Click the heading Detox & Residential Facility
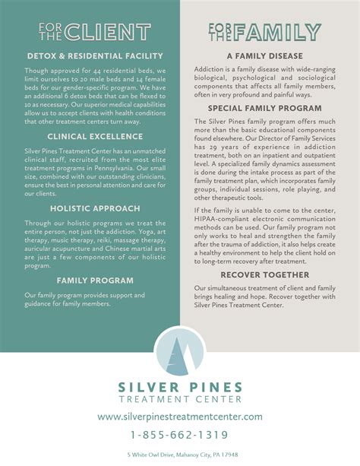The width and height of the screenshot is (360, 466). tap(95, 55)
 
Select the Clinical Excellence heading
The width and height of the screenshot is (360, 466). tap(95, 136)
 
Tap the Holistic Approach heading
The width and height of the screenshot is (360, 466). tap(95, 208)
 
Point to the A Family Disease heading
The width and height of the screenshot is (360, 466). tap(265, 55)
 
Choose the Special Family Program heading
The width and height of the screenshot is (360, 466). tap(265, 108)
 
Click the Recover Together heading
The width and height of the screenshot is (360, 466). tap(265, 274)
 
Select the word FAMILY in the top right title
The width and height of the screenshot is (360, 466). tap(278, 31)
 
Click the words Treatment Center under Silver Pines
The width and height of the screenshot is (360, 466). tap(180, 398)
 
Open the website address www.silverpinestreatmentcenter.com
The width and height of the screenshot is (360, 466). tap(180, 417)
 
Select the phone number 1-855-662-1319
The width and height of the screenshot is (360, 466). tap(180, 435)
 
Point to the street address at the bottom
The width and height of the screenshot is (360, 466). tap(180, 455)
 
